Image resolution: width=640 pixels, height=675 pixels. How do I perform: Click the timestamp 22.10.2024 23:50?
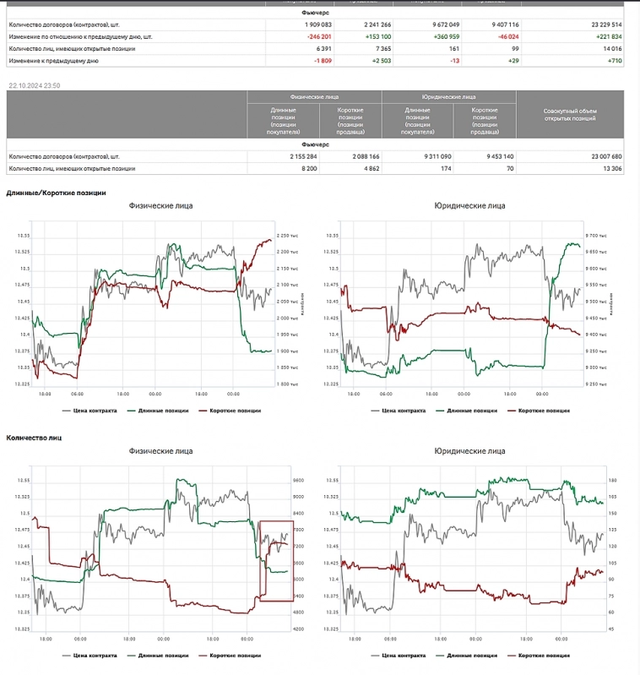point(34,85)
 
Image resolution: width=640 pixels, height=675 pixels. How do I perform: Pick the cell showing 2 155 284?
point(300,156)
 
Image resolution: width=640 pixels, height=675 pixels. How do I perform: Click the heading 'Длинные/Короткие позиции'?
point(56,193)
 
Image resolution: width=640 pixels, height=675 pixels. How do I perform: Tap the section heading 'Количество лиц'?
point(34,438)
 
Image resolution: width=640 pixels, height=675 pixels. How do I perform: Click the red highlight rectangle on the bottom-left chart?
point(275,561)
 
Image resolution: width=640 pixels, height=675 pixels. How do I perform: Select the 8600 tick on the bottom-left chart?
point(297,480)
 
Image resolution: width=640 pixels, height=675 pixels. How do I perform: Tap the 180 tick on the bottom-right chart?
point(612,480)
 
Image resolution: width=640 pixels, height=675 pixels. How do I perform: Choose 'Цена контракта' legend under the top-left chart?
point(94,411)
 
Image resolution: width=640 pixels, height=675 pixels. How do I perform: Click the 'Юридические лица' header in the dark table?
point(448,97)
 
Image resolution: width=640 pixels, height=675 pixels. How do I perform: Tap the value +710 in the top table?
point(614,62)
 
